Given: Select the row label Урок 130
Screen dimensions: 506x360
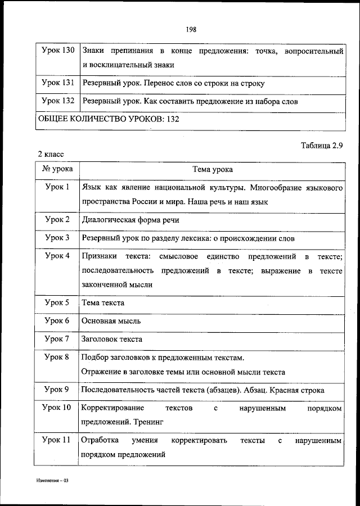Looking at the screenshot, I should coord(58,51).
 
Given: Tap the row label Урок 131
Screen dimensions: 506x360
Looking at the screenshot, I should coord(58,83).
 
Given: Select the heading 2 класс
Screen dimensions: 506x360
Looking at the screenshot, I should coord(51,153).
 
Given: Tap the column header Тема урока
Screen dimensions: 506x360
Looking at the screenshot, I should coord(212,169).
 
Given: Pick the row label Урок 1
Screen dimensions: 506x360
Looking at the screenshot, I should coord(57,186).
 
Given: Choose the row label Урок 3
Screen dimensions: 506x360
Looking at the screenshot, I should coord(57,238).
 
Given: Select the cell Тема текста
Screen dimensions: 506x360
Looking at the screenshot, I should coord(103,302).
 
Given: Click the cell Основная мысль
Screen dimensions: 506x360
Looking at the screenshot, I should coord(111,321).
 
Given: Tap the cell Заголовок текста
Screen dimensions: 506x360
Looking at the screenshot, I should coord(112,339).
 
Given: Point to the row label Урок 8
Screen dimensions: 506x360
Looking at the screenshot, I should coord(57,357).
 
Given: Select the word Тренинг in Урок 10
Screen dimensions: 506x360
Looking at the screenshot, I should coord(147,420).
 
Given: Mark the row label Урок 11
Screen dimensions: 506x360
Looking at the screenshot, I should coord(57,441).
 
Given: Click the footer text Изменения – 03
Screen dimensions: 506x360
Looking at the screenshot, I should coord(53,482).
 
